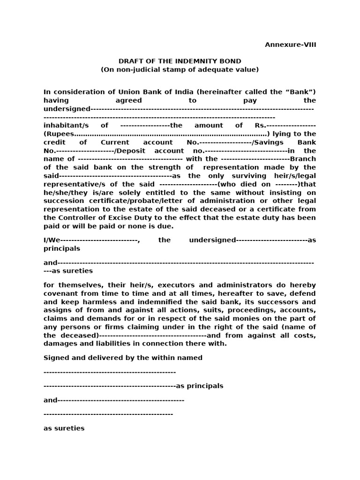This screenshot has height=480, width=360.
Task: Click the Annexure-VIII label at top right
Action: [x=290, y=45]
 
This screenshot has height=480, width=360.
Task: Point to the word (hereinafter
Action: [x=218, y=92]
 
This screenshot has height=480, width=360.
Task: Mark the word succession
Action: [x=62, y=201]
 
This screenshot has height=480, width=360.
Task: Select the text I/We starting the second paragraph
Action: [x=52, y=240]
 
